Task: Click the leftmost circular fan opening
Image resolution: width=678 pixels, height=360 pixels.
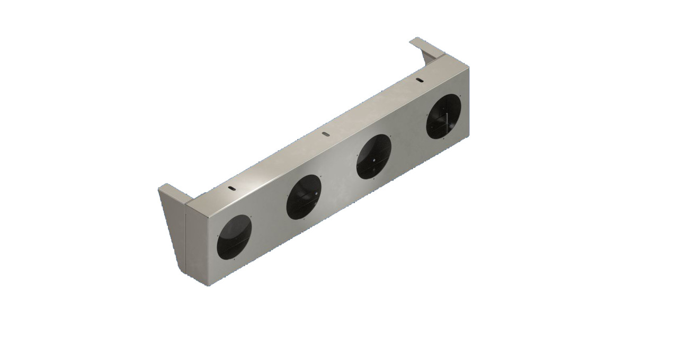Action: coord(234,237)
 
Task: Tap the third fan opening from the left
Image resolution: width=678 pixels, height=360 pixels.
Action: coord(373,156)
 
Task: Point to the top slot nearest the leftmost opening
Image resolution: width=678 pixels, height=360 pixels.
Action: coord(232,188)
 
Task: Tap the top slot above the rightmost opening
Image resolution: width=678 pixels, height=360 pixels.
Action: coord(420,80)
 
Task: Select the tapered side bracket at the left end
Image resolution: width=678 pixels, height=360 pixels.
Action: coord(173,222)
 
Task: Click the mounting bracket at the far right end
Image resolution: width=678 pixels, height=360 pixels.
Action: coord(426,50)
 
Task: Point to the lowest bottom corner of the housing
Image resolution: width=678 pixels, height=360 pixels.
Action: coord(208,285)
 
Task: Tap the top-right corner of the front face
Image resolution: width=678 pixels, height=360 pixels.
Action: coord(468,66)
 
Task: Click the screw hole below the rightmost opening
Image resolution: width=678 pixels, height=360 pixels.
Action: coord(445,141)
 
